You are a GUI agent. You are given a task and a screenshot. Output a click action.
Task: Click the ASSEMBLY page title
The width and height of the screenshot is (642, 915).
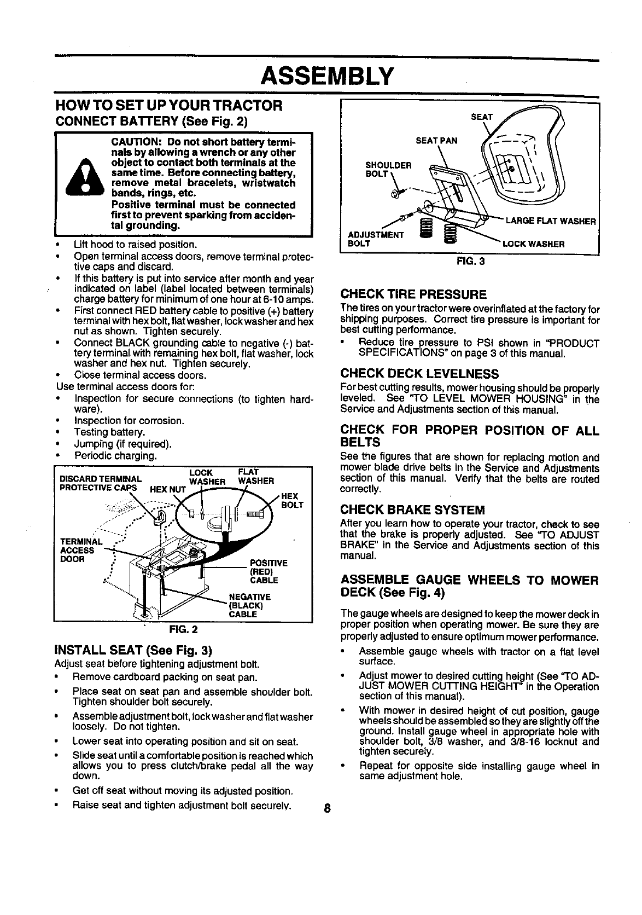326,75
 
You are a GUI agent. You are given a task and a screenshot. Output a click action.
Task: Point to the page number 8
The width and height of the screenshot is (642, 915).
326,809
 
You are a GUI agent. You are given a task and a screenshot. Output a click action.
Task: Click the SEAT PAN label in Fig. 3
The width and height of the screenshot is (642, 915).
436,140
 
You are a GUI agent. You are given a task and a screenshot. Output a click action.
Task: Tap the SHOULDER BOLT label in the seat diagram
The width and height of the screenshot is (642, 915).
389,170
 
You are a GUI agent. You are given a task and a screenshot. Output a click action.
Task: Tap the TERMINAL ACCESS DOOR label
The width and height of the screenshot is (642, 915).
78,551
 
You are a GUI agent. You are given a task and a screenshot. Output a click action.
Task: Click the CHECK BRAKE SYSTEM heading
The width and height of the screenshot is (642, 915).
412,510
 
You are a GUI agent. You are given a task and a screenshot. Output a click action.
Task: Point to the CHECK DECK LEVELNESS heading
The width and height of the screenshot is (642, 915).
419,374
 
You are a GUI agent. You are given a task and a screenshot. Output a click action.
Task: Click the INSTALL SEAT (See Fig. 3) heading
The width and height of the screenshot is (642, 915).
133,651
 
